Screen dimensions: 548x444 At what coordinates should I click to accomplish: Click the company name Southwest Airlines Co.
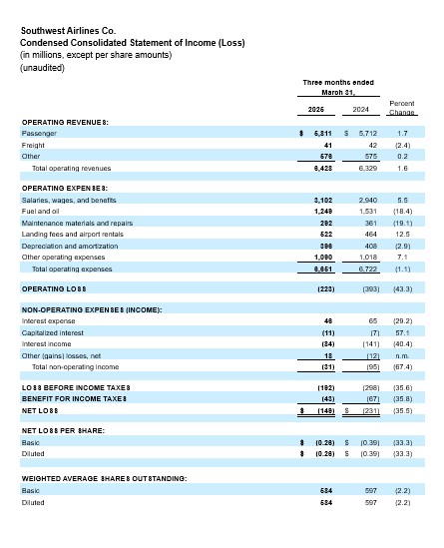[x=77, y=30]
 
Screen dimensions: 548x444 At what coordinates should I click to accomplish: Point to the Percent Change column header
[x=401, y=108]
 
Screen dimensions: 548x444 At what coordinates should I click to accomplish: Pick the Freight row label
[x=35, y=145]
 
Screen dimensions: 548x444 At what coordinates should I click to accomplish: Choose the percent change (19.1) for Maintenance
[x=401, y=223]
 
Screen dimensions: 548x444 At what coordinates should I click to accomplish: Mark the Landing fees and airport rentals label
[x=72, y=235]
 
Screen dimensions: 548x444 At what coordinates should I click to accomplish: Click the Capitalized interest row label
[x=54, y=333]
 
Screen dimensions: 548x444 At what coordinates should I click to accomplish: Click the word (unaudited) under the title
[x=43, y=67]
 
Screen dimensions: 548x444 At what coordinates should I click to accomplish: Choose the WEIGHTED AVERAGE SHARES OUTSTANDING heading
[x=104, y=479]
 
